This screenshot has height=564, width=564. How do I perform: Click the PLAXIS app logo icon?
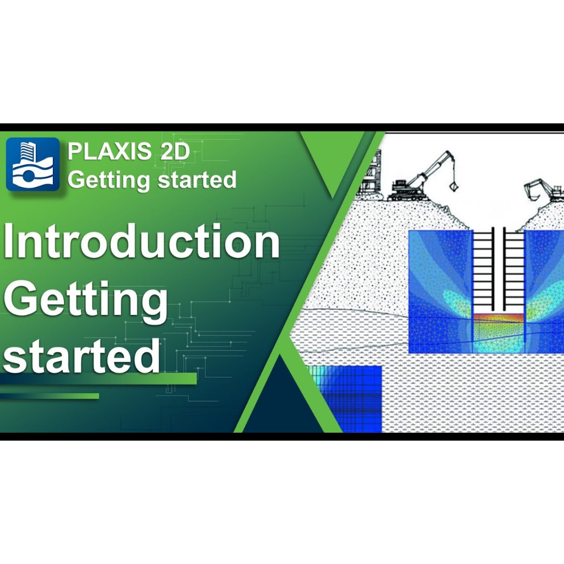point(33,164)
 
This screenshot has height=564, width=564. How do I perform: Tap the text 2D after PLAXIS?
point(175,152)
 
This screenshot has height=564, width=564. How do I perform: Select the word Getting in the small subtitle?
point(105,180)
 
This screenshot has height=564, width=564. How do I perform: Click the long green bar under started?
point(99,379)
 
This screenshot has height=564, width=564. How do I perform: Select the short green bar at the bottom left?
point(50,396)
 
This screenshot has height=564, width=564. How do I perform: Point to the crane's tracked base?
point(408,194)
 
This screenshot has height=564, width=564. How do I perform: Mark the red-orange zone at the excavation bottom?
point(498,318)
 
